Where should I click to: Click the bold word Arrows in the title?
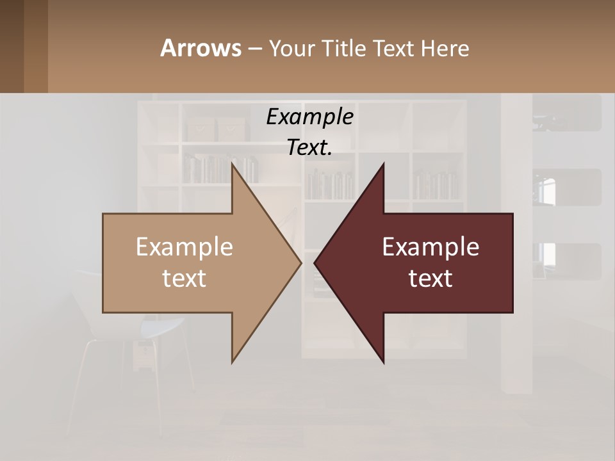(201, 48)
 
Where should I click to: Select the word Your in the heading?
(291, 48)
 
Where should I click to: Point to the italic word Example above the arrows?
(309, 117)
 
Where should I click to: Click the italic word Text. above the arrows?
(309, 147)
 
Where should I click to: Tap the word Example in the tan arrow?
(184, 247)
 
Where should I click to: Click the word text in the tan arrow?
(184, 278)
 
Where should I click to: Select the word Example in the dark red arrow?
(430, 247)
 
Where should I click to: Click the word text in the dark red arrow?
(430, 278)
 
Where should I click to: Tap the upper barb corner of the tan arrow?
(233, 165)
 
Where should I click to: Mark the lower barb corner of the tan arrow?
(233, 361)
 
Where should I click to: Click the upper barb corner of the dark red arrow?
(383, 165)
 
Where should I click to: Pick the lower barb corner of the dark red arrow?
(383, 362)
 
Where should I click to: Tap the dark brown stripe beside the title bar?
(12, 46)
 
